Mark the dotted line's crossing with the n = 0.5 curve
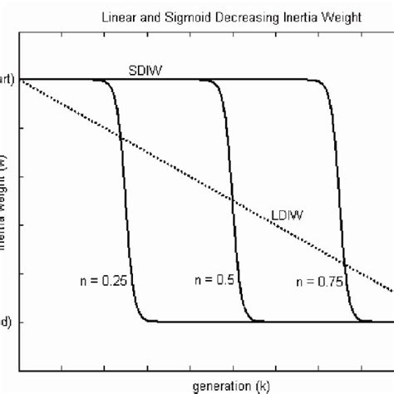(x=232, y=200)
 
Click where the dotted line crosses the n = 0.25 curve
(x=121, y=138)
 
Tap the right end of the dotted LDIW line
(x=392, y=292)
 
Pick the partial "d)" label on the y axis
(x=4, y=322)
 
